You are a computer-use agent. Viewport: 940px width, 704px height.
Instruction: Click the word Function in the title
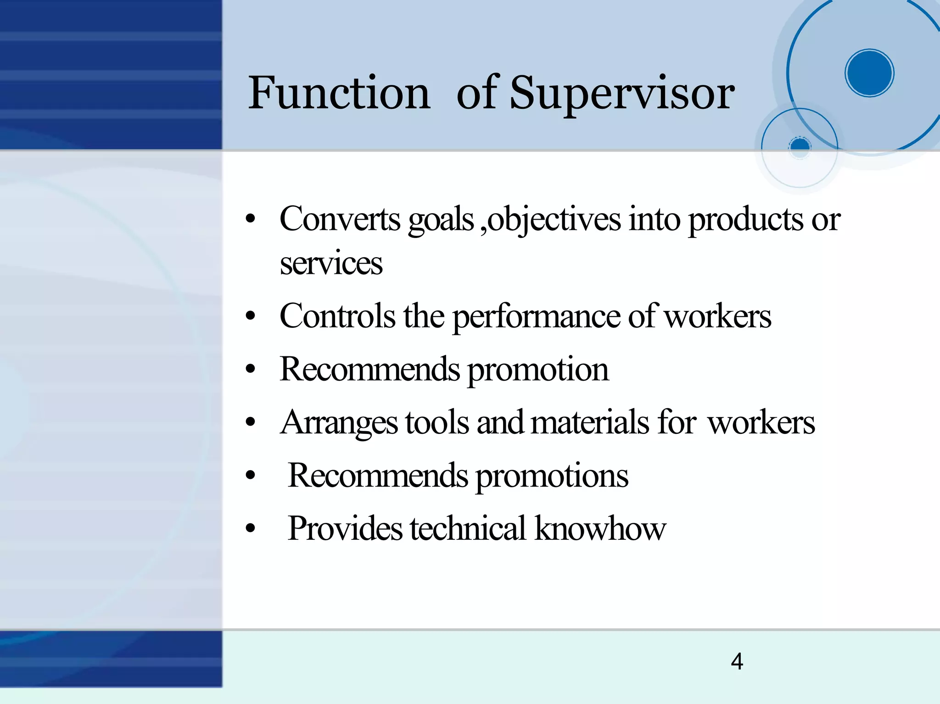pos(339,93)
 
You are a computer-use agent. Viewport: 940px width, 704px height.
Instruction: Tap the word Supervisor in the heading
pos(622,94)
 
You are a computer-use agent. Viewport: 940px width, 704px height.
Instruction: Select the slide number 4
pos(737,661)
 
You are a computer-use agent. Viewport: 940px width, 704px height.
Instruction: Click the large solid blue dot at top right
pos(869,73)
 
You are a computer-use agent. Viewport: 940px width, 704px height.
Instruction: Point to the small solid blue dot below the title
pos(800,146)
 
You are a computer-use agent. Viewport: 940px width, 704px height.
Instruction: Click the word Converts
pos(340,219)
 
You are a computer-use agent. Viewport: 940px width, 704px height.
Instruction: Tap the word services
pos(331,263)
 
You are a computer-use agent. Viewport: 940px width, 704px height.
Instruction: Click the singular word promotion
pos(537,370)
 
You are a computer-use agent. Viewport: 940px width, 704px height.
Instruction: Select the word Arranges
pos(339,423)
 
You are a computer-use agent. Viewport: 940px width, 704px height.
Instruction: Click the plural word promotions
pos(551,476)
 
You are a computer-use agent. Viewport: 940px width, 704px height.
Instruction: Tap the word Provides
pos(345,528)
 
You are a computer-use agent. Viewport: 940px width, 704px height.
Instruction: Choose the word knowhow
pos(600,528)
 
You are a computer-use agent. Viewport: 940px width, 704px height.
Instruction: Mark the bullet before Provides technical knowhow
pos(250,528)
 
